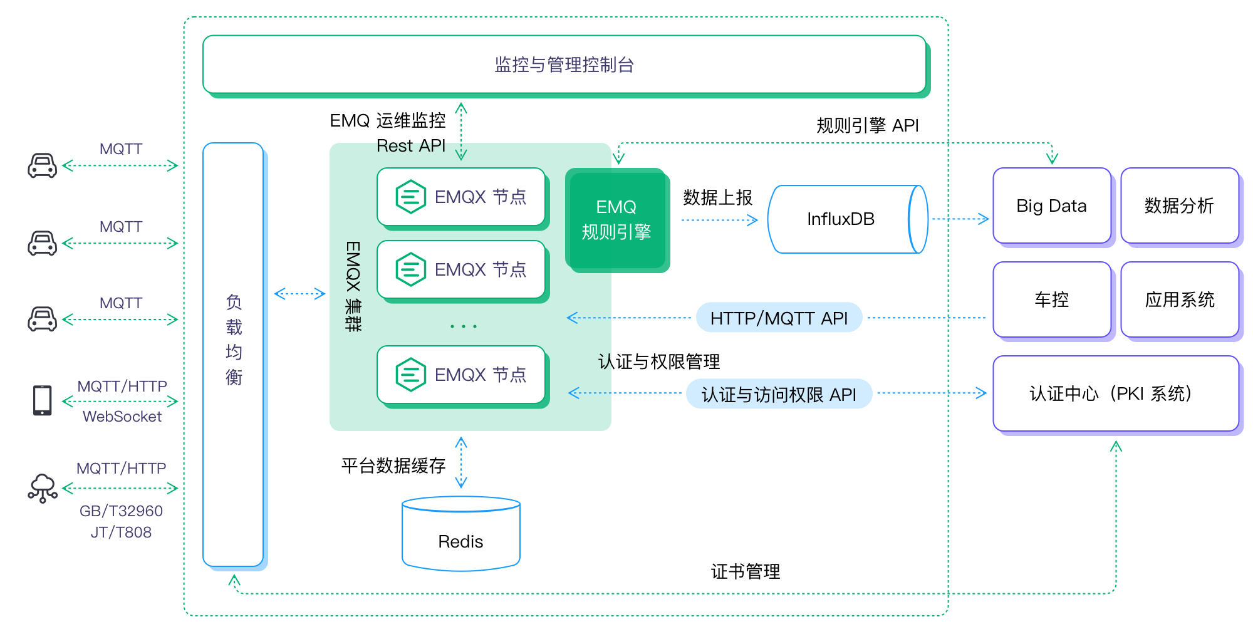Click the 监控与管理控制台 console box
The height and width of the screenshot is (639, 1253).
point(564,65)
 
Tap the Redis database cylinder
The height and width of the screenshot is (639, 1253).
point(461,536)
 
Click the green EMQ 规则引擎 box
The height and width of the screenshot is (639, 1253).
point(616,219)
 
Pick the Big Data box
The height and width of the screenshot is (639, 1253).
point(1051,205)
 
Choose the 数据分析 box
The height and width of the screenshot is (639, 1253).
point(1179,205)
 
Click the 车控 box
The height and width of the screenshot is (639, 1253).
point(1051,299)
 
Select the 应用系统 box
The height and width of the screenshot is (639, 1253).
point(1179,299)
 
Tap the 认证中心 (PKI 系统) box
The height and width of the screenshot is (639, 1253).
point(1115,393)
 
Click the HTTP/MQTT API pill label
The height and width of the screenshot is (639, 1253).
point(779,318)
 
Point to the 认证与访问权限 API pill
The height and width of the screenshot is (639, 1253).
point(779,394)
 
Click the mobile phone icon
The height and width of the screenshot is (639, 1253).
point(43,400)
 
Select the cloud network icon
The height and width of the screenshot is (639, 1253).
point(43,488)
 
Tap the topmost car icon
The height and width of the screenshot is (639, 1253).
point(43,166)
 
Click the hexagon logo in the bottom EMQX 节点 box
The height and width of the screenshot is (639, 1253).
point(411,375)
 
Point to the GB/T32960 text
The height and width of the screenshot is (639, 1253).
point(121,511)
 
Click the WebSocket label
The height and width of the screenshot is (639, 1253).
point(122,417)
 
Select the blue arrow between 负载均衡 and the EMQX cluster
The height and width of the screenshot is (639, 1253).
point(299,293)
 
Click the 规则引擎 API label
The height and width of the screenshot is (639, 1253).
point(867,125)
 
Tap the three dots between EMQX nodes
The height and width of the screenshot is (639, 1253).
point(464,326)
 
